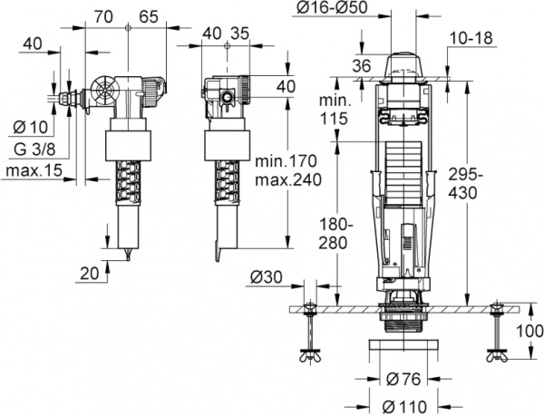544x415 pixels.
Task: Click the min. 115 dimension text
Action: point(335,107)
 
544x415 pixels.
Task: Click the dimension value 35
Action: point(239,34)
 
